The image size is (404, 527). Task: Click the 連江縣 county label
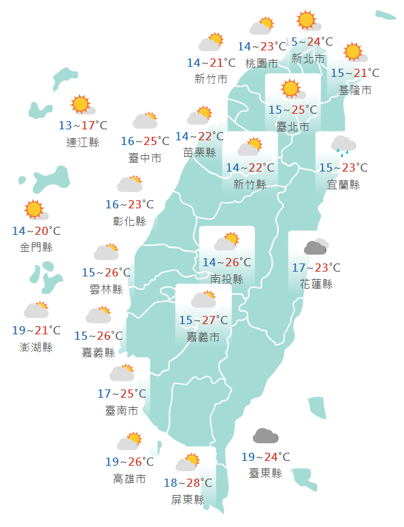pos(83,142)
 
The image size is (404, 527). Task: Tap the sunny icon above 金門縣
pos(33,209)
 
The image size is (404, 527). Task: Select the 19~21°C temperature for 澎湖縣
pos(37,331)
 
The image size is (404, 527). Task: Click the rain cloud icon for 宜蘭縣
pos(343,145)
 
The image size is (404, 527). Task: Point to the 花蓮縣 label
pos(316,284)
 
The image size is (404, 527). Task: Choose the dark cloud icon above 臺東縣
pos(265,436)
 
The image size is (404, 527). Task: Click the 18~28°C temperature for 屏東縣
pos(188,483)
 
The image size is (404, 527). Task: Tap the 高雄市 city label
pos(129,479)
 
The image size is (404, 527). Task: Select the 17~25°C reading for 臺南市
pos(122,394)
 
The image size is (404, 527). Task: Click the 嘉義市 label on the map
pos(203,337)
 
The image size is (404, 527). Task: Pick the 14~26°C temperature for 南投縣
pos(226,262)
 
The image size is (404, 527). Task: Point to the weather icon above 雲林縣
pos(106,252)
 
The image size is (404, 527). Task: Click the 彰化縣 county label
pos(129,221)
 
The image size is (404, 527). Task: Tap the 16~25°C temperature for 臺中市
pos(145,142)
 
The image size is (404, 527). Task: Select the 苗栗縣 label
pos(199,153)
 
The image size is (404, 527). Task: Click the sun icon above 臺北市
pos(291,89)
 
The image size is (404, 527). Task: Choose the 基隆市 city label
pos(355,90)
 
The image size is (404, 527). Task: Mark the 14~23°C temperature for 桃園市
pos(262,47)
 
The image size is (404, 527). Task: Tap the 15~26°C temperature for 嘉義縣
pos(99,336)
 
